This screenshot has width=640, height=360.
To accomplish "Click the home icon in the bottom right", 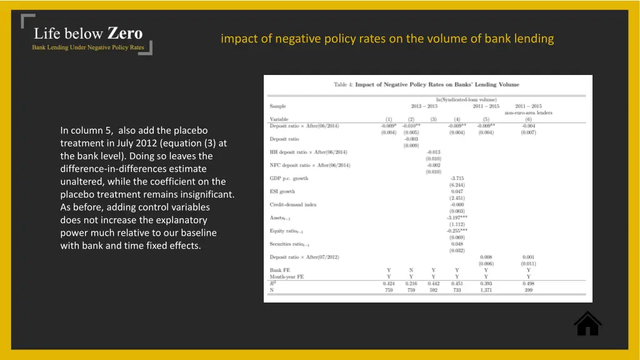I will pos(587,323).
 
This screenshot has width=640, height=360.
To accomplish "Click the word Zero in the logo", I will pos(125,33).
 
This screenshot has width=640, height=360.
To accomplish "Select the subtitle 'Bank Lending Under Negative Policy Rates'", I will pos(88,47).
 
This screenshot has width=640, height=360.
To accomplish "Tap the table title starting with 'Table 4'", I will pos(426,85).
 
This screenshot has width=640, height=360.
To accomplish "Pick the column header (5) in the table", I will pos(486,119).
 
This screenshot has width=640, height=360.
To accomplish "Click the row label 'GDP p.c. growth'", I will pos(289,178).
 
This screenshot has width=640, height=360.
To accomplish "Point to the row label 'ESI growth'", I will pos(282,191).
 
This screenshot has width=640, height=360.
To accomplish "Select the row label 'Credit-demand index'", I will pos(294,204).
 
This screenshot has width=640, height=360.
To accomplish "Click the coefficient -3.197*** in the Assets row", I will pos(457,217).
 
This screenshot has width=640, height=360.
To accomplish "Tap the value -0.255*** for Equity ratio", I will pos(457,231).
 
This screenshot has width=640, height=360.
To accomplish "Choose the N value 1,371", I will pos(486,290).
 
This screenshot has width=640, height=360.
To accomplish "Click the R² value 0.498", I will pos(528,283).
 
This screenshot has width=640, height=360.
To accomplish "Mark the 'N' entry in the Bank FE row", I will pos(411,270).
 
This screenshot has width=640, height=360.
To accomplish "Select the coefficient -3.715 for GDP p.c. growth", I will pos(457,178).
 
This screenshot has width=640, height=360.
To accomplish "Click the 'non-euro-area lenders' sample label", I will pos(528,112).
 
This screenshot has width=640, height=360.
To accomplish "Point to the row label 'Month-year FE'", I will pos(287,276).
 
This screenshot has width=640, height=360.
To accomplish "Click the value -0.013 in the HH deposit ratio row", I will pos(433,152).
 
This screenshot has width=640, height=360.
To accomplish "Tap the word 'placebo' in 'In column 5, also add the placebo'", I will pos(190,131).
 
